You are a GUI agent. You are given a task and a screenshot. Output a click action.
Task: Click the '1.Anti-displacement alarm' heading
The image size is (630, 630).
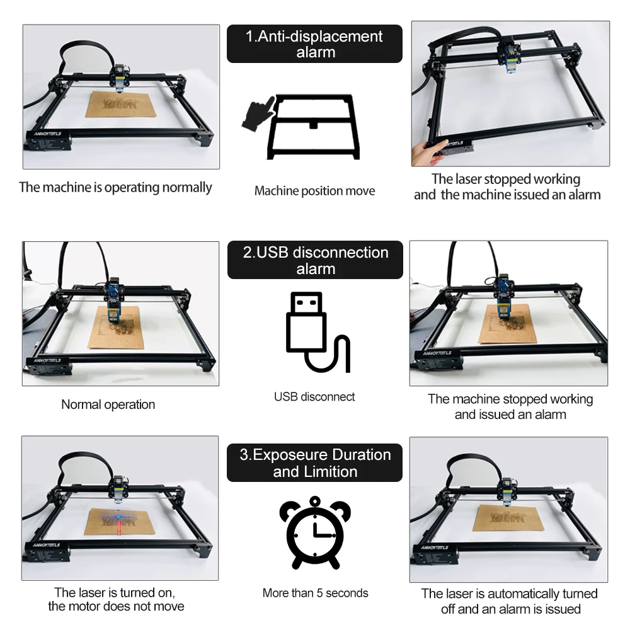click(314, 44)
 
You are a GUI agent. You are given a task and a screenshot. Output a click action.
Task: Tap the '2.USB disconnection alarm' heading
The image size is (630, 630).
click(315, 260)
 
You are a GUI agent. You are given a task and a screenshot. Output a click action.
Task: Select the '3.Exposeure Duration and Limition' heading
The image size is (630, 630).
click(314, 463)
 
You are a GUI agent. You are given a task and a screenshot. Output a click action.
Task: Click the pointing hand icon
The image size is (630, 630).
click(259, 113)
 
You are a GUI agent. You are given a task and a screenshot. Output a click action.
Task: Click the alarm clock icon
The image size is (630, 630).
click(315, 533)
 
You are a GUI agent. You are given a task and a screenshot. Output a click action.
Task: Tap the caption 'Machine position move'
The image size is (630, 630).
click(314, 191)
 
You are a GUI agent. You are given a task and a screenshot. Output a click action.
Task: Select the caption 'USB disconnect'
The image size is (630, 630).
click(314, 397)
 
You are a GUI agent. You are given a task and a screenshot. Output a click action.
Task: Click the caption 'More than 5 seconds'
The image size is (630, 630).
click(315, 593)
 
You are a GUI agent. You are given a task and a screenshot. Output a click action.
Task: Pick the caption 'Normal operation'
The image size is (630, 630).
click(108, 404)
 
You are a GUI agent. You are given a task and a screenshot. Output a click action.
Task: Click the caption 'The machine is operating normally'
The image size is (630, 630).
click(115, 188)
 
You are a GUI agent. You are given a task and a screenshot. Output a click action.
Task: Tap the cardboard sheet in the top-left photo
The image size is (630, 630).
click(120, 105)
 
